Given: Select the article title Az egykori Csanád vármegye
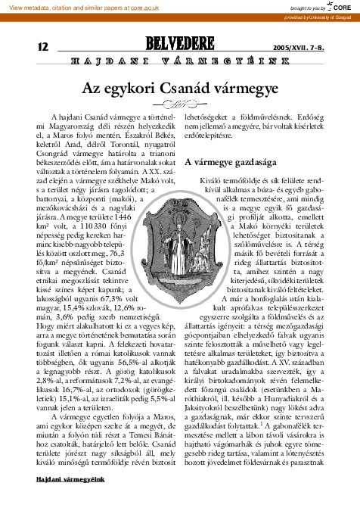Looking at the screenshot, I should click(180, 86).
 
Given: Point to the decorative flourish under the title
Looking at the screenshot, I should click(180, 104).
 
